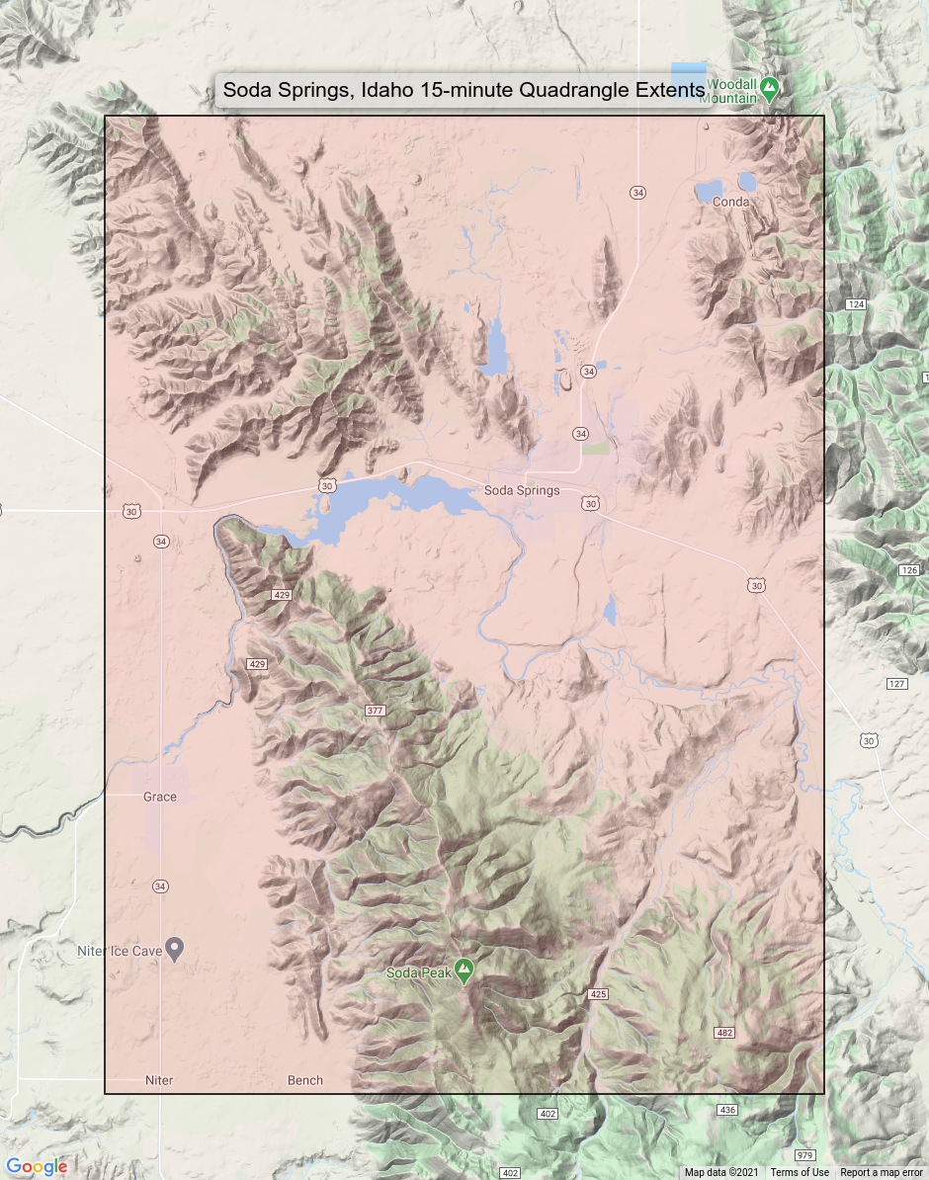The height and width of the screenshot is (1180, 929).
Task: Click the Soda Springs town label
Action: click(522, 490)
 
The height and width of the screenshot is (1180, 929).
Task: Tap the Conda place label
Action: click(730, 202)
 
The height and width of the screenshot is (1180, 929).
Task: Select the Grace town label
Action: click(159, 797)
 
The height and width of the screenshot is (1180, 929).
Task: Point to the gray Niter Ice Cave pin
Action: click(175, 950)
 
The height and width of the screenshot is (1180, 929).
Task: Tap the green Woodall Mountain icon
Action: click(770, 88)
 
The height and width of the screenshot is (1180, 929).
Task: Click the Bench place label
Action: click(305, 1080)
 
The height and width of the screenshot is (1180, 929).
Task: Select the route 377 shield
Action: click(375, 711)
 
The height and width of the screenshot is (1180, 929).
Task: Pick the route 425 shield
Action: click(598, 992)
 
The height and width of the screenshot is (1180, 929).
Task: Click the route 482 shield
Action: click(724, 1033)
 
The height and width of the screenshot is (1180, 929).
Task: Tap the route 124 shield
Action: click(856, 304)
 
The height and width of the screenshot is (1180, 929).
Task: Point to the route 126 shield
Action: click(909, 570)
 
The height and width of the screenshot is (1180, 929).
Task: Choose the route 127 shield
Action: click(896, 684)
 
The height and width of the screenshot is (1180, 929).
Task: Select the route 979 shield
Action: click(804, 1154)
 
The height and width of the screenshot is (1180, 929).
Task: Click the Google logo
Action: click(37, 1166)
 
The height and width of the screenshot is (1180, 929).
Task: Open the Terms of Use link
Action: click(800, 1173)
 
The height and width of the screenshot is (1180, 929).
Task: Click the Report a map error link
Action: click(882, 1173)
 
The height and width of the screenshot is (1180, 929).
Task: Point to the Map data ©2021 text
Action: click(721, 1173)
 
